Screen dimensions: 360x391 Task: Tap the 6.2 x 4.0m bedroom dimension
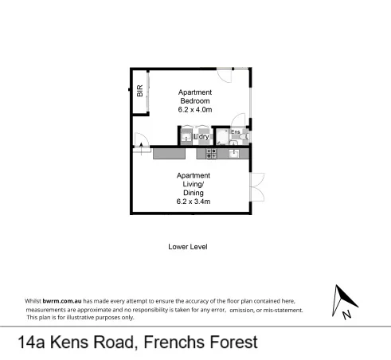click(x=194, y=111)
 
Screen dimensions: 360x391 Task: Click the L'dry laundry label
click(x=202, y=137)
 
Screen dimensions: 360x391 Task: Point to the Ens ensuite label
click(x=235, y=131)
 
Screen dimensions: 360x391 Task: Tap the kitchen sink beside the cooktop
click(x=233, y=153)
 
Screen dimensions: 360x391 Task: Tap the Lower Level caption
click(x=188, y=247)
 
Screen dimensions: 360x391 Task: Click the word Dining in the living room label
click(x=194, y=193)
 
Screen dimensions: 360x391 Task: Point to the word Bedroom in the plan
click(x=194, y=101)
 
